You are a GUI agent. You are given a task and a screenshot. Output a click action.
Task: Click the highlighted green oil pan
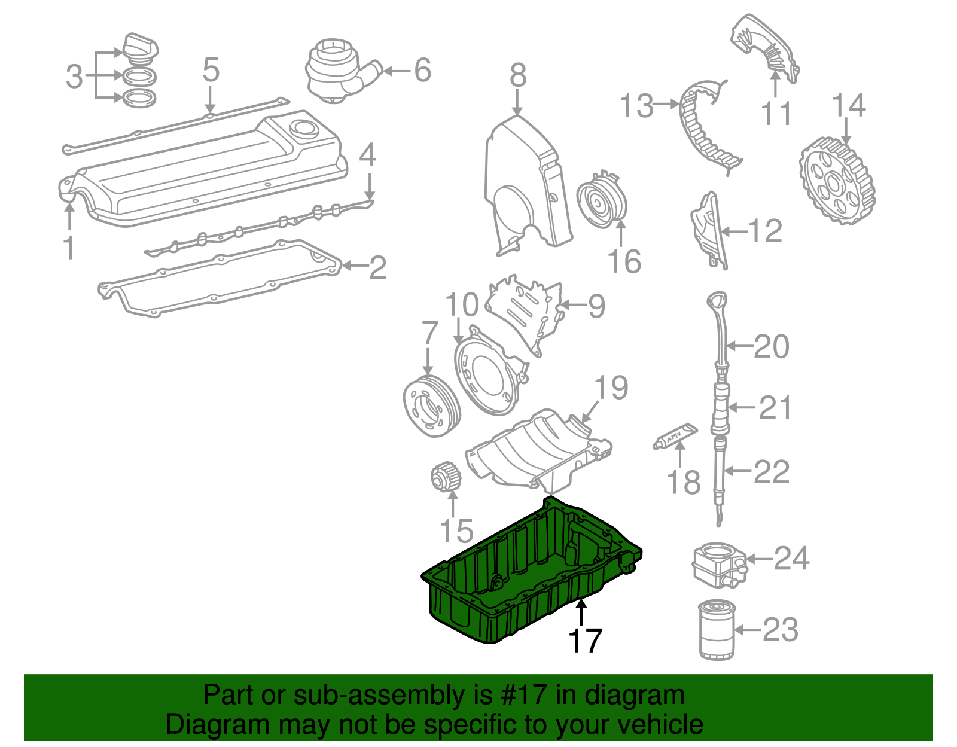(526, 574)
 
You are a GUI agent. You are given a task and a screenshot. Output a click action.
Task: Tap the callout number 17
(584, 641)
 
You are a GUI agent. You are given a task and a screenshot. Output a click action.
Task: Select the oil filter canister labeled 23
(717, 630)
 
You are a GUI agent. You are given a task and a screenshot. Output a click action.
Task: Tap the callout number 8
(518, 76)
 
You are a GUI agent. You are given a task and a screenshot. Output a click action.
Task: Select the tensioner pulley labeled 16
(602, 201)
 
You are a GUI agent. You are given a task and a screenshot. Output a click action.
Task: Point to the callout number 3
(74, 76)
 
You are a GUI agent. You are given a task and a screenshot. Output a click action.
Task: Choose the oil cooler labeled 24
(718, 564)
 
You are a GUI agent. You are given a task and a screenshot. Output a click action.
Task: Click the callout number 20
(771, 346)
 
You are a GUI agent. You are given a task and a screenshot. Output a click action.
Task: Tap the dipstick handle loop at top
(718, 300)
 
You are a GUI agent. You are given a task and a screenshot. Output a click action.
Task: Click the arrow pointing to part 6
(395, 71)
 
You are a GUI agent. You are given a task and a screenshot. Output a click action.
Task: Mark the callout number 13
(636, 106)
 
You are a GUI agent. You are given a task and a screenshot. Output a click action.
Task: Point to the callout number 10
(462, 304)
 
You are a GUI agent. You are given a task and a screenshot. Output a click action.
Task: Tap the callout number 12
(765, 231)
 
